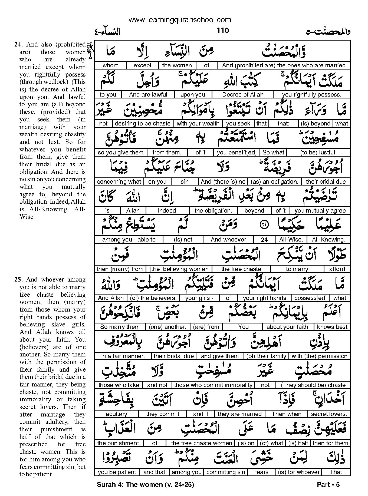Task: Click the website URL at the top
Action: [x=180, y=20]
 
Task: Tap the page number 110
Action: [x=222, y=31]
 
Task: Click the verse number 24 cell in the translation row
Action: [x=264, y=240]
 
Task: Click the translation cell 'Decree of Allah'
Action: [x=242, y=94]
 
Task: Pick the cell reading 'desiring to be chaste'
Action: [x=143, y=124]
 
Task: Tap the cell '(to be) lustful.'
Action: [x=318, y=153]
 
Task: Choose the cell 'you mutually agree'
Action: [x=320, y=211]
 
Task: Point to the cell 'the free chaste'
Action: [x=241, y=269]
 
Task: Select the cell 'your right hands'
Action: [x=264, y=298]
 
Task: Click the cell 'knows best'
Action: [x=332, y=327]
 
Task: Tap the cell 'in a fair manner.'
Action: [x=123, y=356]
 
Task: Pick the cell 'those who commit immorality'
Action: [x=213, y=385]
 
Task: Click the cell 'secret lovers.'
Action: [x=329, y=414]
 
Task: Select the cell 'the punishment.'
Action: [x=119, y=443]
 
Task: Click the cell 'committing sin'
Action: [x=226, y=472]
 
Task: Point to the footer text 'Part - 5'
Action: [x=328, y=485]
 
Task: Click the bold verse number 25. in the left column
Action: [x=18, y=280]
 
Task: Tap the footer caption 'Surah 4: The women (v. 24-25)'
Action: [x=145, y=485]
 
